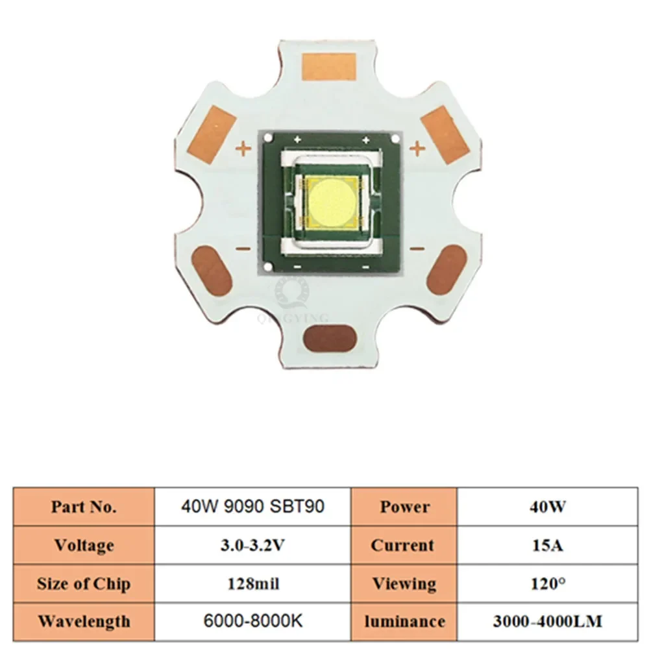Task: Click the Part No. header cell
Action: [x=84, y=507]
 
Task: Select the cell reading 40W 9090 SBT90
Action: [x=252, y=506]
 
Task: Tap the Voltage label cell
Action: [x=84, y=545]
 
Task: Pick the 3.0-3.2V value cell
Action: [x=252, y=545]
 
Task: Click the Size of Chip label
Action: [x=84, y=583]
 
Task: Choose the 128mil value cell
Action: [x=252, y=583]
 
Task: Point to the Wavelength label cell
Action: [x=84, y=621]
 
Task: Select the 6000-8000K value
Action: [x=252, y=621]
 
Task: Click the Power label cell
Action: [x=404, y=507]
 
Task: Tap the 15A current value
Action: [x=547, y=545]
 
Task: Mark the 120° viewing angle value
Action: [x=547, y=583]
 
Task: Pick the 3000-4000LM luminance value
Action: [x=547, y=621]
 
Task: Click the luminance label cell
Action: [x=404, y=621]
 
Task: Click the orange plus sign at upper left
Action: [x=243, y=150]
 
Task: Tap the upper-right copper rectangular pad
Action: [x=445, y=134]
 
